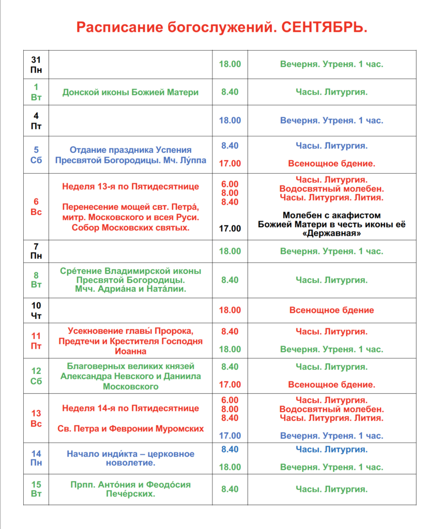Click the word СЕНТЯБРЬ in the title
[324, 27]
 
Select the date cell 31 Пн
[36, 65]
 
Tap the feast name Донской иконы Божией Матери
[130, 92]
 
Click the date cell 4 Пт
[36, 120]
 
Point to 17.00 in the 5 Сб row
[230, 163]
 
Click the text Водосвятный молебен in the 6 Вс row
[331, 189]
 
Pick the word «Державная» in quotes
[331, 233]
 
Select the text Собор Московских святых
[130, 228]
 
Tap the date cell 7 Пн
[36, 251]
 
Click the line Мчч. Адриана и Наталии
[130, 289]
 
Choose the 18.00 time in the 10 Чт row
[230, 310]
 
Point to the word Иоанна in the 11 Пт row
[130, 351]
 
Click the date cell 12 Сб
[36, 376]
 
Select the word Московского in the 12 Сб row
[130, 386]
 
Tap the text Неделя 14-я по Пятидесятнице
[130, 408]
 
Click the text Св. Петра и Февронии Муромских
[130, 428]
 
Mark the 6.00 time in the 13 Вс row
[230, 400]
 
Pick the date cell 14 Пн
[36, 458]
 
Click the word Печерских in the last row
[130, 494]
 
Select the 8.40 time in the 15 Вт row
[230, 489]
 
